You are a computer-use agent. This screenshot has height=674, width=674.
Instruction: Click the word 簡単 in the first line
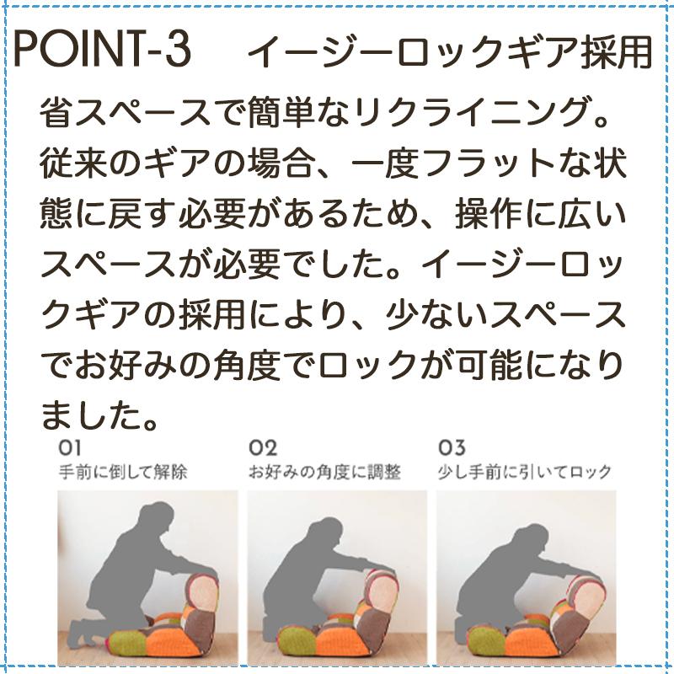pos(270,114)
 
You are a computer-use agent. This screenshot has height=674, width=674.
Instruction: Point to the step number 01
pos(70,448)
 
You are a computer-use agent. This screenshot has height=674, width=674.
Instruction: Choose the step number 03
pos(452,448)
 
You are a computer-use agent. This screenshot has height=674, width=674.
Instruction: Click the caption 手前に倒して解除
pos(122,472)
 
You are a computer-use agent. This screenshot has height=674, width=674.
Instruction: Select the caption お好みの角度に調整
pos(324,472)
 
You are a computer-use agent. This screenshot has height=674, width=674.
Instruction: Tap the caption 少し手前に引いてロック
pos(525,472)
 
